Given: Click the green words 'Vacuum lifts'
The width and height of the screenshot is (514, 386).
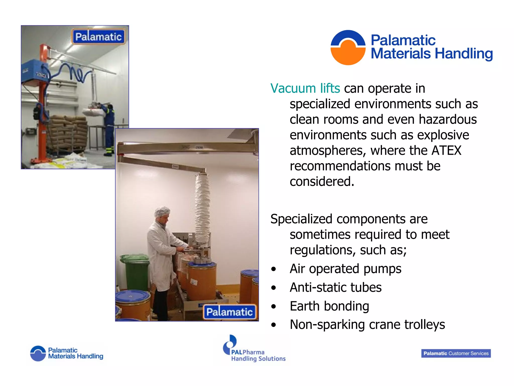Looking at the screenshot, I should [x=305, y=89].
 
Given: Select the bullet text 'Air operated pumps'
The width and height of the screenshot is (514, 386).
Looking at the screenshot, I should [x=345, y=269].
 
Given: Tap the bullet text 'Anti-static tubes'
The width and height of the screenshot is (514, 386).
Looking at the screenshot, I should [x=336, y=287].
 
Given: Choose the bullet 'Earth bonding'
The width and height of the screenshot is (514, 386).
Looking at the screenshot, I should [x=329, y=306].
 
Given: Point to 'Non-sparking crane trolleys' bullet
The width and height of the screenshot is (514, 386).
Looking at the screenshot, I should [x=367, y=325].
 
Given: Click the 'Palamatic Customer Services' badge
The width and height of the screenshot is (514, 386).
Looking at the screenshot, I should [x=456, y=353].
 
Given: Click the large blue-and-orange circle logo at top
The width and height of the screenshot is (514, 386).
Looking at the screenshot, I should [x=348, y=47].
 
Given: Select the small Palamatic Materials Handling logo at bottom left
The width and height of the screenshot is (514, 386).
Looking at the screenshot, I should [x=67, y=353].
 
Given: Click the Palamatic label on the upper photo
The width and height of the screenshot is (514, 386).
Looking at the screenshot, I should [x=98, y=37].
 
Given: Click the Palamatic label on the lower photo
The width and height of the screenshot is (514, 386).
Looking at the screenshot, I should [x=229, y=312].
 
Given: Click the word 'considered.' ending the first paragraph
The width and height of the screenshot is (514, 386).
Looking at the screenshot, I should [x=322, y=182].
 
